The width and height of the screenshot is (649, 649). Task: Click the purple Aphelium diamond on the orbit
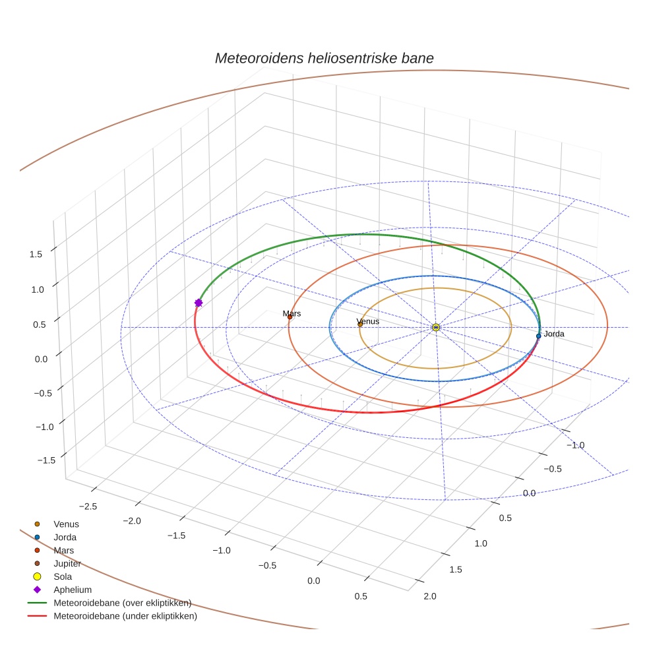[199, 303]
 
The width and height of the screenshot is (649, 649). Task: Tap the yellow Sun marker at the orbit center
[436, 327]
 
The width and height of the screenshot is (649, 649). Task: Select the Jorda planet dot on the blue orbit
[539, 336]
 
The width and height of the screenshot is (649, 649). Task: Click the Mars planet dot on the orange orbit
[290, 317]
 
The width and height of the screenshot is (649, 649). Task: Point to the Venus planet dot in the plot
[360, 324]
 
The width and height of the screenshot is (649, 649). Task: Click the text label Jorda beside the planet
[554, 334]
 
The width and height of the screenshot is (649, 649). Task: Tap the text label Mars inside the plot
[292, 313]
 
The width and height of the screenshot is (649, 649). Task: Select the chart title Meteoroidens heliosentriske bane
[324, 58]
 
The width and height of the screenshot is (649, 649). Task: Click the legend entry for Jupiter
[67, 563]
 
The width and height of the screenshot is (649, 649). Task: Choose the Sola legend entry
[63, 576]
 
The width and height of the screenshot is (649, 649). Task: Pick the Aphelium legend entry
[73, 590]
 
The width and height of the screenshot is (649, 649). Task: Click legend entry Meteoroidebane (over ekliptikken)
[122, 603]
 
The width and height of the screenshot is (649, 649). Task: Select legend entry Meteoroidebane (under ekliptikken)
[125, 616]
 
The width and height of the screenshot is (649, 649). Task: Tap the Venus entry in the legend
[66, 524]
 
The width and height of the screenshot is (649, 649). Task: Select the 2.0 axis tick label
[430, 596]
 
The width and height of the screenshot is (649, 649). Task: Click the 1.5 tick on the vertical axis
[37, 254]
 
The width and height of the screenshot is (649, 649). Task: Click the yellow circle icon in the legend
[37, 576]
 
